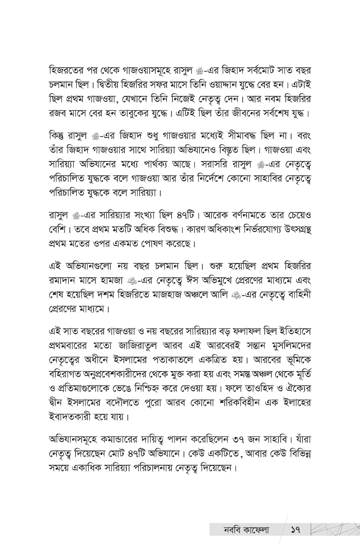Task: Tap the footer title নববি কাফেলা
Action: (x=240, y=530)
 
